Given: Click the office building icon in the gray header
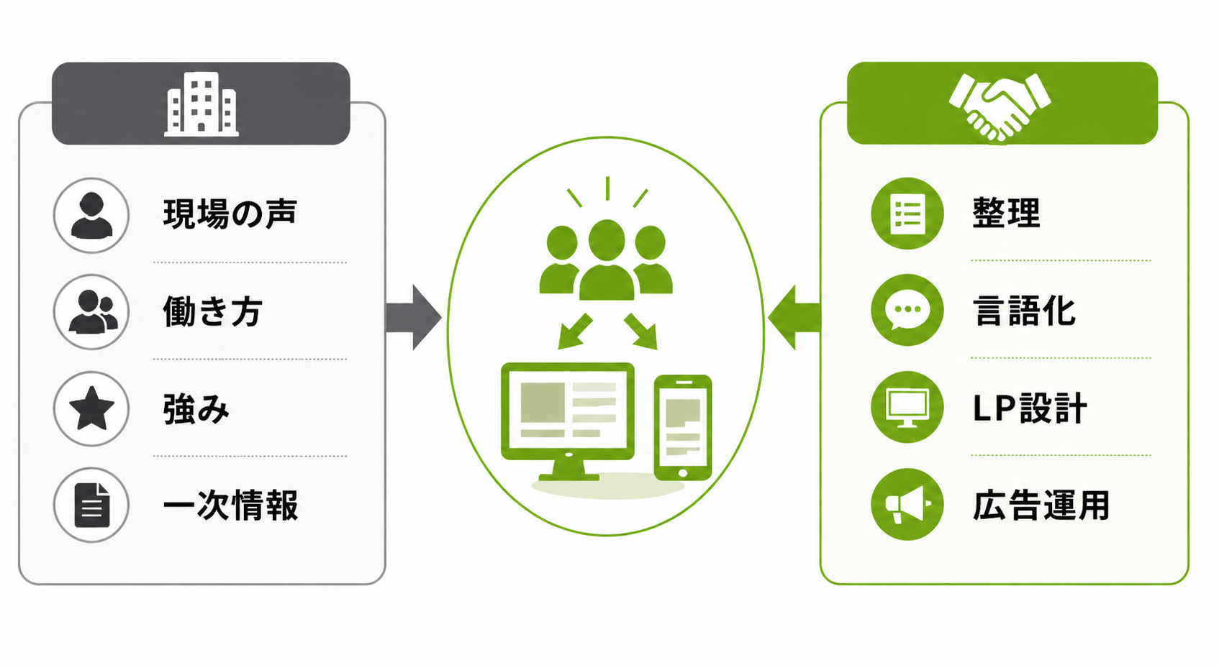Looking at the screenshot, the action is pos(201,104).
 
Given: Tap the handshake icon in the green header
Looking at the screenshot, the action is pos(1000,107).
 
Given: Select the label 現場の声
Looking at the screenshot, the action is pos(230,214).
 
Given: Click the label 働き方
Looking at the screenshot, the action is pos(213,311).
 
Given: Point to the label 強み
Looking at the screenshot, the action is pos(196,408).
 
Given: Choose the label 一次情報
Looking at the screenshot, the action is pos(231,505).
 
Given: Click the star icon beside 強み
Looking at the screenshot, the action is pos(91,408).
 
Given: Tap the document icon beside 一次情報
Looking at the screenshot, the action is pos(91,505).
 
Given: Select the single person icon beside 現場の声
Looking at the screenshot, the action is pos(91,216).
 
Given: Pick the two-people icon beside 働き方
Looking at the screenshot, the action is pos(93,311).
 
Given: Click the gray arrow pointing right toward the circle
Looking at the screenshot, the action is pos(414,317).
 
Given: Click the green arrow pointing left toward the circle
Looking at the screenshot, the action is pos(794,317).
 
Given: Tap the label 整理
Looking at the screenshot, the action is pos(1006,213).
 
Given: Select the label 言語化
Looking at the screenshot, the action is pos(1024,311).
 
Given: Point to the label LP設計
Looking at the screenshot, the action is pos(1030,408).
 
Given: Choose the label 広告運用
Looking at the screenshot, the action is pos(1041,505).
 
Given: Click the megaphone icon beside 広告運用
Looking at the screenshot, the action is pos(907,505).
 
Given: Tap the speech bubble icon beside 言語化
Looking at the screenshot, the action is pos(907,310).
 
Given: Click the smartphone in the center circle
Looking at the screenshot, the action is pos(683,428).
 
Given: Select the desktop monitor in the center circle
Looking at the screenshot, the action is pos(567,421).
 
